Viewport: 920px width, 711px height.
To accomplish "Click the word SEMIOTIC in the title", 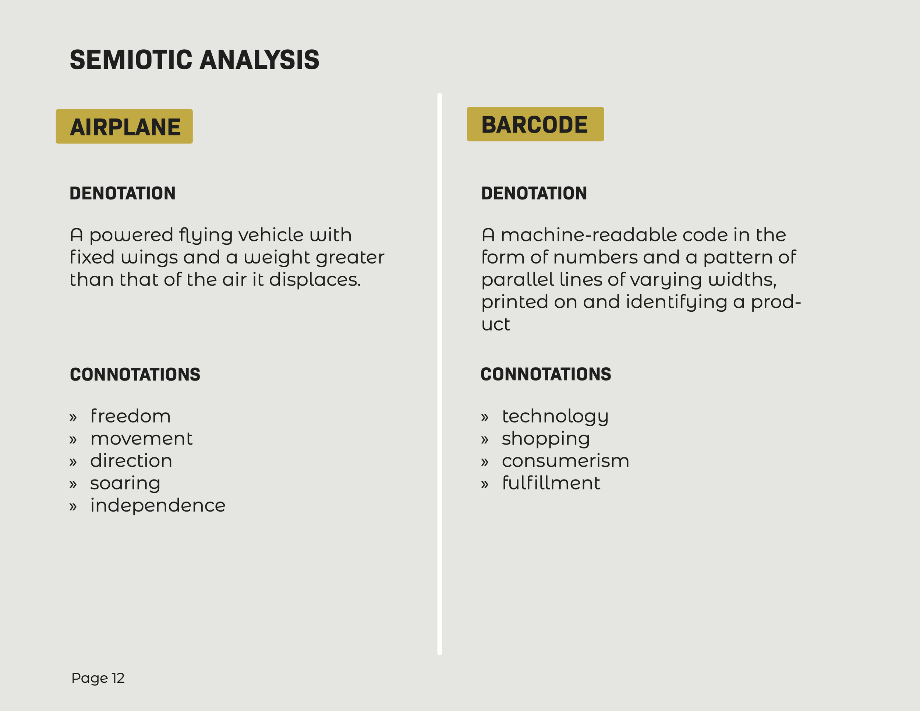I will click(131, 60).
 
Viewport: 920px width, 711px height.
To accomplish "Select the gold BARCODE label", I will click(535, 125).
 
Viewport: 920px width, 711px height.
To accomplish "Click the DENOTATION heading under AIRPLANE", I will click(122, 193).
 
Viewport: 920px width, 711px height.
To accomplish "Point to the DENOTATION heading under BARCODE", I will click(534, 193).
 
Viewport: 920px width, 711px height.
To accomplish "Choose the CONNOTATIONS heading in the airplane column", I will click(135, 375).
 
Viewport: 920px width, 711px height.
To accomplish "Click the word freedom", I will click(131, 416).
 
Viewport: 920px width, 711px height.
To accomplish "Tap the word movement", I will click(141, 438).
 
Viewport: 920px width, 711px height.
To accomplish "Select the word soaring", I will click(125, 483).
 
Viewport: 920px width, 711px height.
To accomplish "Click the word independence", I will click(158, 505).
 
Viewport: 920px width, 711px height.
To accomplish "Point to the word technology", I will click(555, 416).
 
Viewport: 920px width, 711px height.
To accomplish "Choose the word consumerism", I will click(565, 461).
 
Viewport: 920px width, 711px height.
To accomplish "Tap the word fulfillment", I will click(551, 483).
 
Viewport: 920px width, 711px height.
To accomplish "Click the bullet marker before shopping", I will click(485, 440).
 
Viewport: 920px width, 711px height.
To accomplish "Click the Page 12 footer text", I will click(98, 678).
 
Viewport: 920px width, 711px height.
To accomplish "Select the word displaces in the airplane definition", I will click(315, 279).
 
